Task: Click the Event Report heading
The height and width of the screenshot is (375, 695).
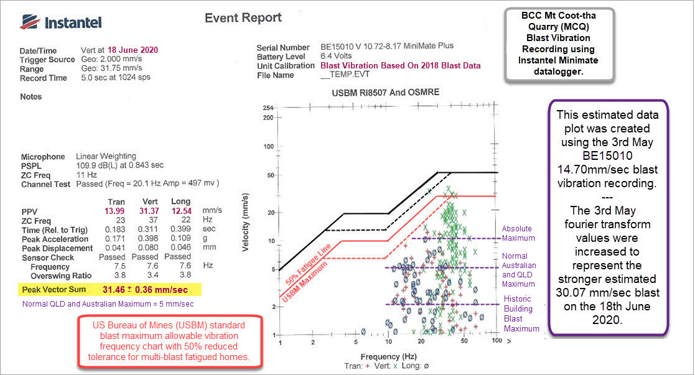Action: click(243, 18)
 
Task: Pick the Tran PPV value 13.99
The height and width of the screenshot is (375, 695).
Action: click(116, 210)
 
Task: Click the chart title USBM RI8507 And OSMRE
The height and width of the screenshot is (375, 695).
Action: click(386, 92)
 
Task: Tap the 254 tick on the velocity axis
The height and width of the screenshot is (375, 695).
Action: click(268, 108)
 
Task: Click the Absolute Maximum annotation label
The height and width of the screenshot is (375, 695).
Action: click(518, 233)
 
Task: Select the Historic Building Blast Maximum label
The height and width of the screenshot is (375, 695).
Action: click(518, 313)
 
